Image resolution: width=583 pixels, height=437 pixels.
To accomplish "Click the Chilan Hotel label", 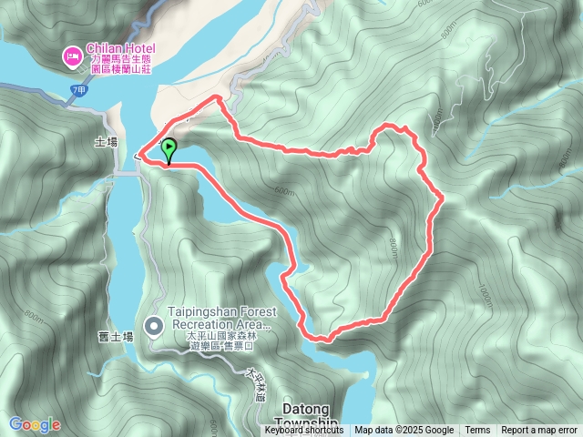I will point(121,48).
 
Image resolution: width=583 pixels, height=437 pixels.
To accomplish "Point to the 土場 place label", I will point(106,142).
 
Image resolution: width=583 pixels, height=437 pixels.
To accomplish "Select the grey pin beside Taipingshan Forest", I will point(153,325).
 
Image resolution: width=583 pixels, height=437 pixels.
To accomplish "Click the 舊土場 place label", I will point(115,337).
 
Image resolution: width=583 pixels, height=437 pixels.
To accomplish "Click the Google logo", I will point(35,424).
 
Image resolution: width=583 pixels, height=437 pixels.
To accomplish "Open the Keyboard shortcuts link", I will point(304,431).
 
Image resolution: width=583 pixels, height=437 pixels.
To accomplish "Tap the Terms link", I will point(477,431).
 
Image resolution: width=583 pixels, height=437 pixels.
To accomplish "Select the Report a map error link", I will point(539,431).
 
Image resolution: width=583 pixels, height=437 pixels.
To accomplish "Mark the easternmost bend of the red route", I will point(443,197).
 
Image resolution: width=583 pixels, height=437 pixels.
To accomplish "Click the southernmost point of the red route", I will point(322,340).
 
